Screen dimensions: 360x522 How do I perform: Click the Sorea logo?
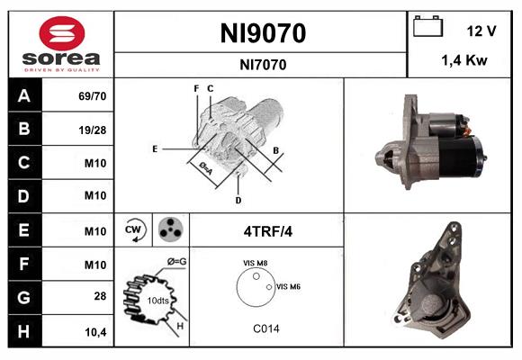tap(61, 44)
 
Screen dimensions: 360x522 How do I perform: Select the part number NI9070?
tap(263, 33)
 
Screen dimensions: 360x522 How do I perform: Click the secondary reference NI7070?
tap(263, 64)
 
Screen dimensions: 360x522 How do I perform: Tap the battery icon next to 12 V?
tap(426, 29)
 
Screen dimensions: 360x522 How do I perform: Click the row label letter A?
tap(23, 94)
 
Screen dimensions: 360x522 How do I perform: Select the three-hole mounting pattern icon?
tap(169, 230)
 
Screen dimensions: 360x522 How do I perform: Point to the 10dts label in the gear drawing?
tap(157, 301)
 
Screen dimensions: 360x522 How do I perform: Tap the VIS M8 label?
tap(255, 264)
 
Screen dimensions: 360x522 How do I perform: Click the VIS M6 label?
tap(288, 286)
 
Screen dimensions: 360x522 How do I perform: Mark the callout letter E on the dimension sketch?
tap(155, 148)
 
